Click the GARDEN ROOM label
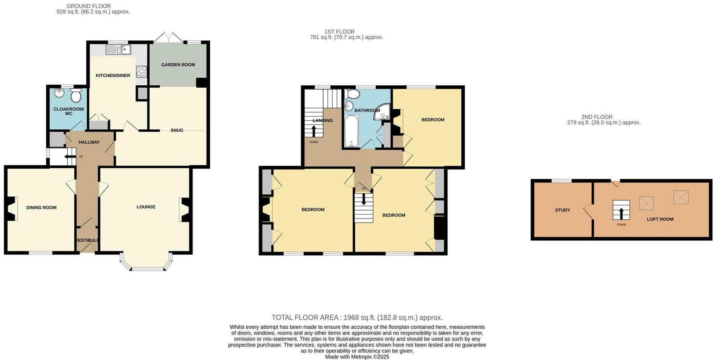click(178, 65)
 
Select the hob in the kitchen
click(141, 72)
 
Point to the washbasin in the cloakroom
click(59, 93)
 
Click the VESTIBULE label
click(87, 240)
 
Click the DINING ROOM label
click(41, 208)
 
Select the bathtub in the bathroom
click(350, 132)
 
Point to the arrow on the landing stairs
click(314, 131)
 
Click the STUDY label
click(562, 210)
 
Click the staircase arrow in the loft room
click(621, 213)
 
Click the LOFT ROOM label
click(660, 219)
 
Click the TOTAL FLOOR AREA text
click(357, 318)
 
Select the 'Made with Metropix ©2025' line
click(357, 357)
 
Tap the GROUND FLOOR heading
click(88, 6)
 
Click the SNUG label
click(177, 130)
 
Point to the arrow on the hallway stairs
click(69, 156)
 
